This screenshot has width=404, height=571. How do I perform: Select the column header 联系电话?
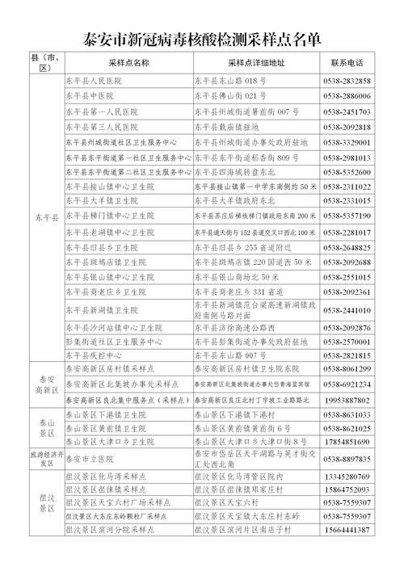point(347,63)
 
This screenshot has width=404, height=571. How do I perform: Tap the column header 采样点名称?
point(128,63)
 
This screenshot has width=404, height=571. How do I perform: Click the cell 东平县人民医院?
point(91,82)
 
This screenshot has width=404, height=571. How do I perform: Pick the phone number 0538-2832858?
point(347,82)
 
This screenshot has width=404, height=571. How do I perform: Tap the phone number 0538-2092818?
point(347,127)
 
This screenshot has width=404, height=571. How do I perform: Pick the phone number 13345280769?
point(347,477)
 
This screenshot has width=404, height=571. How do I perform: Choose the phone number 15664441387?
point(347,530)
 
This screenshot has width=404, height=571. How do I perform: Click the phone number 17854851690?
point(347,443)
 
